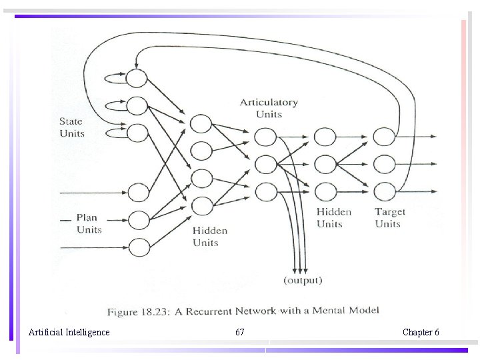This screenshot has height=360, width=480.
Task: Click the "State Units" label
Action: pos(72,127)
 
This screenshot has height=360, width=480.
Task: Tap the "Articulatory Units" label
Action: pos(269,108)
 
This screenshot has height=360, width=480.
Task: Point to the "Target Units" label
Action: pos(389,217)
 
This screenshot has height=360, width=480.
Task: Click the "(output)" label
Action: pos(303,280)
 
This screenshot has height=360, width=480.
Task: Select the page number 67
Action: pos(240,332)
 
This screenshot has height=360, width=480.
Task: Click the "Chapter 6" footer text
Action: pos(421,332)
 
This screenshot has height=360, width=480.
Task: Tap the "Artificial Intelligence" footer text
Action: pos(69,332)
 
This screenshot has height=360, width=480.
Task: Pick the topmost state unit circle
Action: pos(137,78)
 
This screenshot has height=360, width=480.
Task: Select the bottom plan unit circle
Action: pos(139,247)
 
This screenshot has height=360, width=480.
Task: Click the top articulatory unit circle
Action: pos(265,137)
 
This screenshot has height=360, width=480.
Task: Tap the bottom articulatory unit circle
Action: pos(265,191)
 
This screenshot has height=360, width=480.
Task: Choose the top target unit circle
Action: pos(384,137)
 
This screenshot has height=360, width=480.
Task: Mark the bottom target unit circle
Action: pos(384,191)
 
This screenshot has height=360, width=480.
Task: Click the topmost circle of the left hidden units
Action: pos(201,123)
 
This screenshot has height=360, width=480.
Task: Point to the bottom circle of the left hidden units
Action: pos(201,206)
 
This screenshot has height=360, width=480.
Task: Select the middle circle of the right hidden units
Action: pos(325,164)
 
